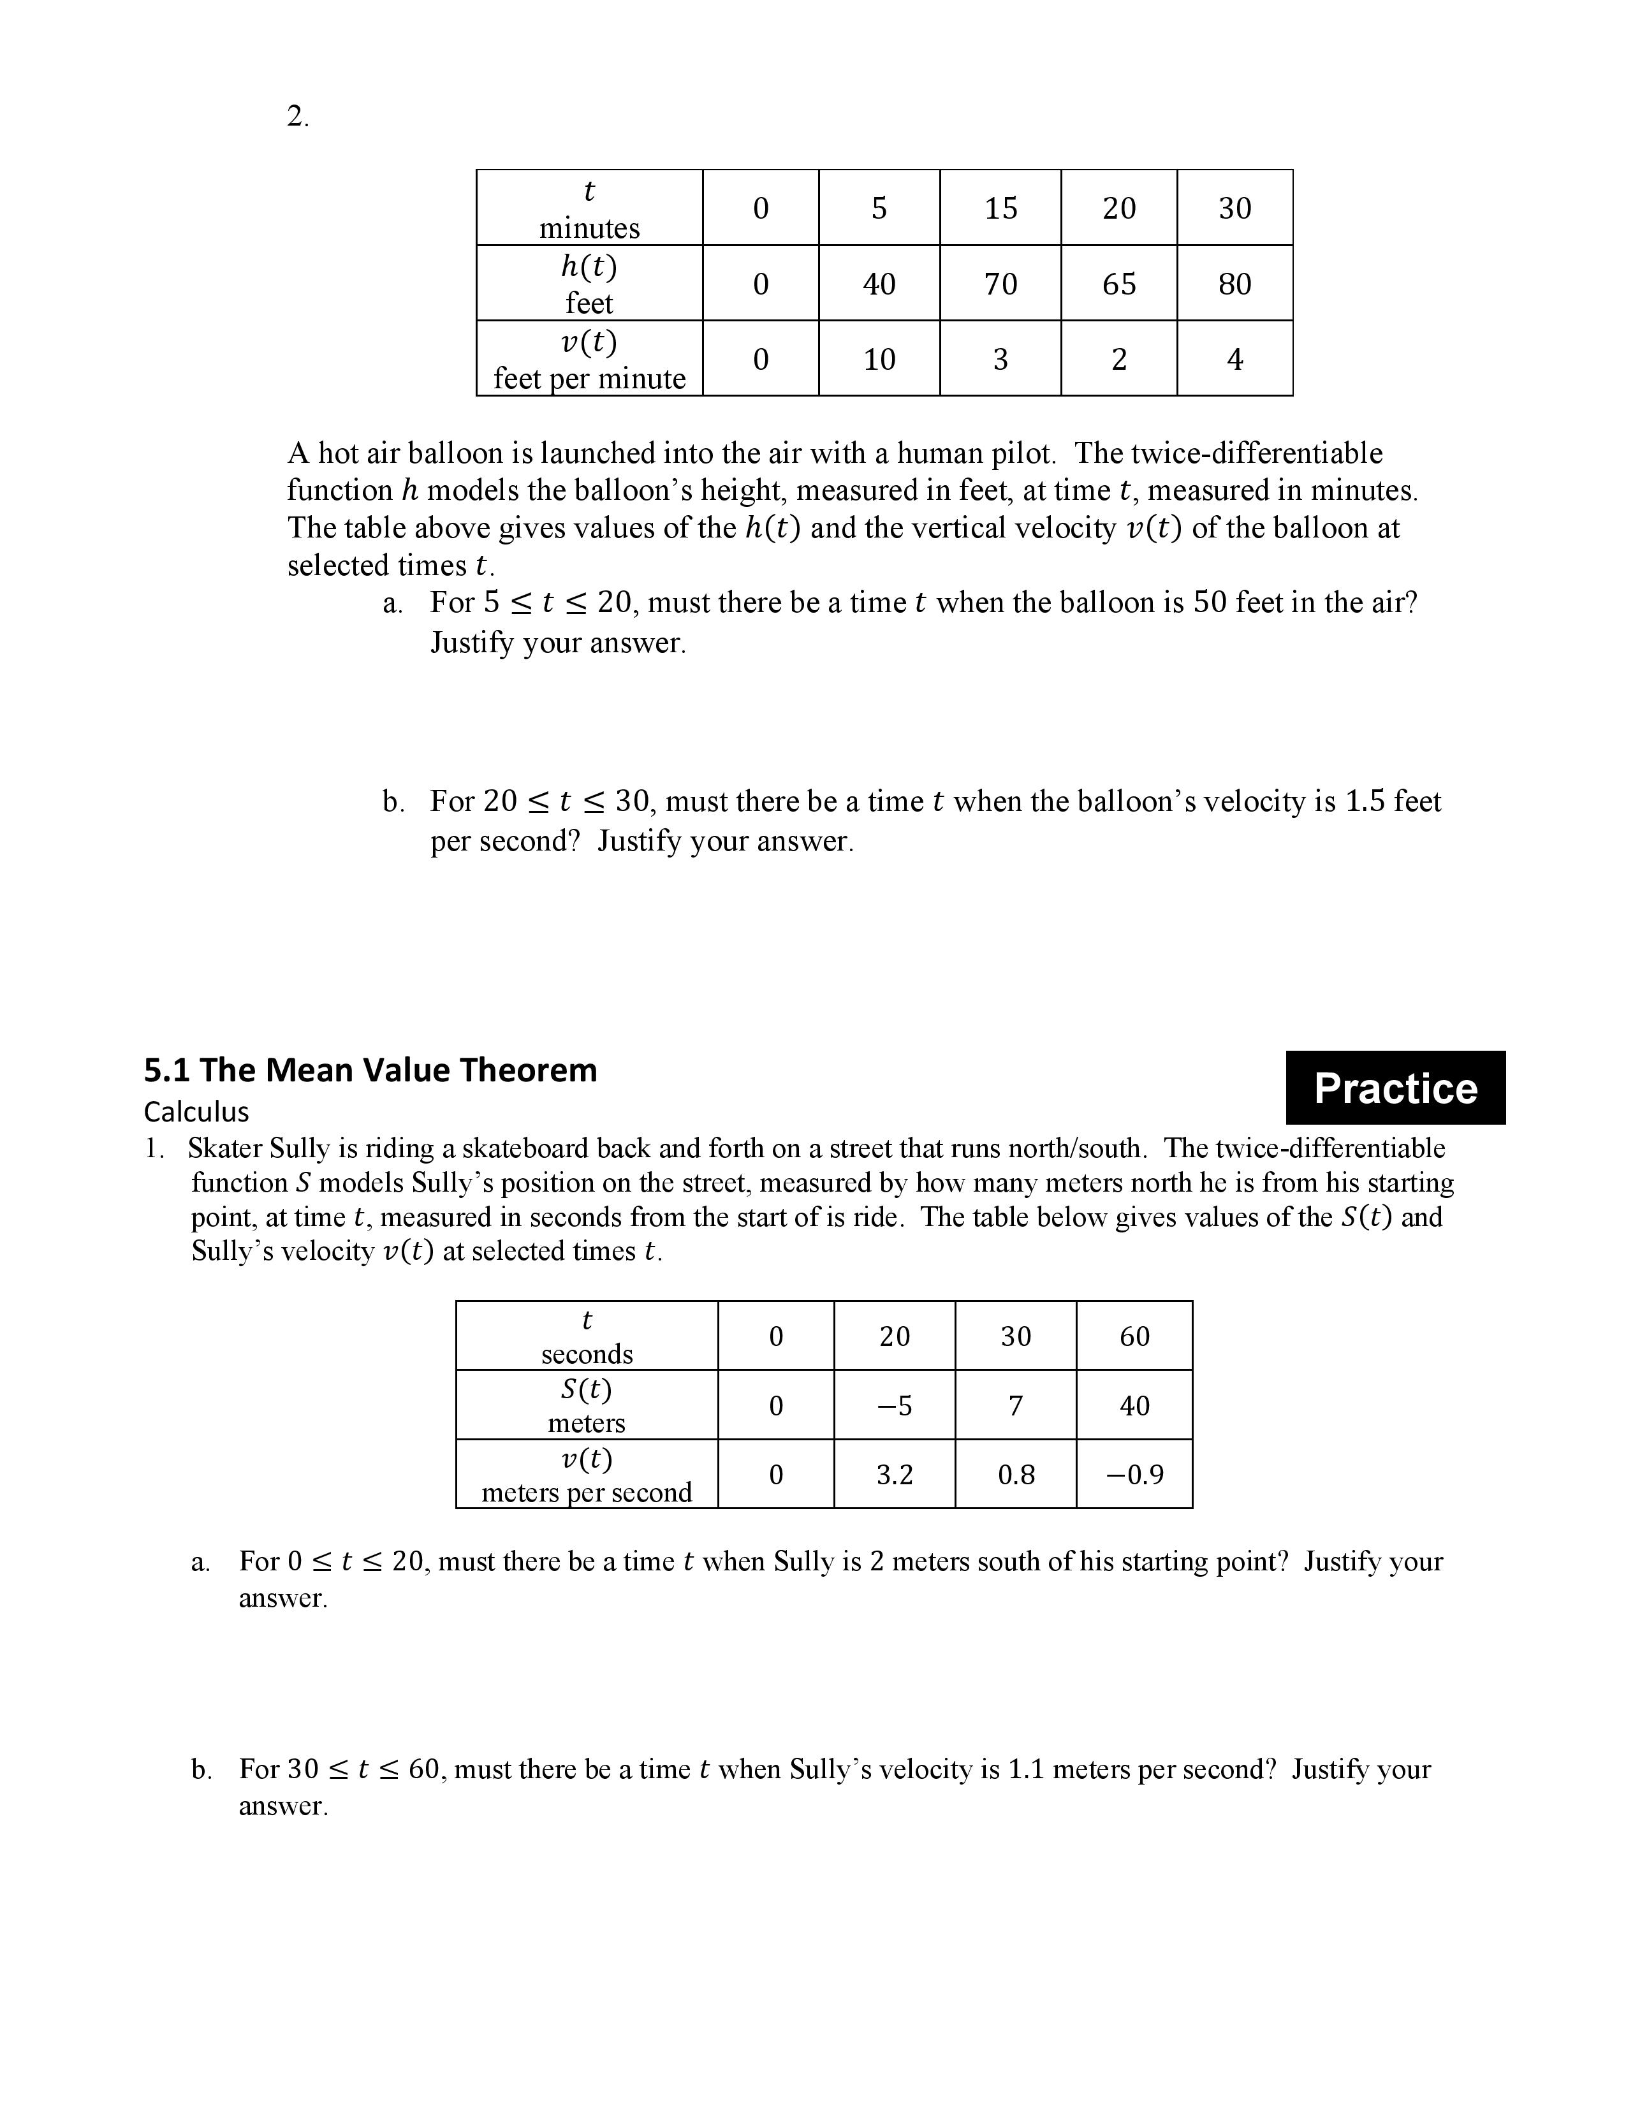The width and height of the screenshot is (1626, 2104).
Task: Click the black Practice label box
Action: (1395, 1088)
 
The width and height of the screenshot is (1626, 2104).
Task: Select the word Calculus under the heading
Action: (196, 1112)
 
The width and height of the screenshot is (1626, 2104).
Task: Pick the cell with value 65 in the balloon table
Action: (1118, 283)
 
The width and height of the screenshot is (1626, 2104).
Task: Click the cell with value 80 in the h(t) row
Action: (1234, 283)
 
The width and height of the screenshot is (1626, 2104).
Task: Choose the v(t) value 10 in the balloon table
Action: (879, 360)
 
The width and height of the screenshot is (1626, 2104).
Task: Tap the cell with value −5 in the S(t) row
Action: (894, 1406)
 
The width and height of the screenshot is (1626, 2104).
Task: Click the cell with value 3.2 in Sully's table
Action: (894, 1475)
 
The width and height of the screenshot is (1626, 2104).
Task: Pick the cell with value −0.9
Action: (1134, 1475)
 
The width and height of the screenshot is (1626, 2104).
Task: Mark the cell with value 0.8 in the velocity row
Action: (1015, 1475)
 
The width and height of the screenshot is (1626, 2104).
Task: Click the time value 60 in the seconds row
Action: (1134, 1336)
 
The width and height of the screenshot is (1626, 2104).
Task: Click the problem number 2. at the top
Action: (298, 117)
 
